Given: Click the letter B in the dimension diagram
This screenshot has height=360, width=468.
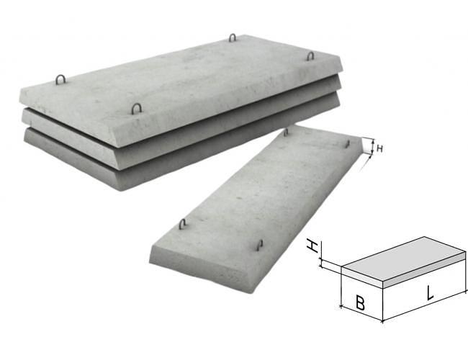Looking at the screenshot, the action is pyautogui.click(x=360, y=302).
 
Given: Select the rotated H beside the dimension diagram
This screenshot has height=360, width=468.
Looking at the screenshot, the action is pyautogui.click(x=313, y=246).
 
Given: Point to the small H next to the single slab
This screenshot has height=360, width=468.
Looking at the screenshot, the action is pyautogui.click(x=379, y=148).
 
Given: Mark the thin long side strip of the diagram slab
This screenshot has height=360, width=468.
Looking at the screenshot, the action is pyautogui.click(x=424, y=270).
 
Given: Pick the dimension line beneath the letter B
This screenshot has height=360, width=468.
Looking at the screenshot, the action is pyautogui.click(x=361, y=314).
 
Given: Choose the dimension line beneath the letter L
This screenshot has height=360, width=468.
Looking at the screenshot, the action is pyautogui.click(x=425, y=306).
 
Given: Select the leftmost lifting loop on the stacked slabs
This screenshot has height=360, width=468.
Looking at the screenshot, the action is pyautogui.click(x=60, y=79).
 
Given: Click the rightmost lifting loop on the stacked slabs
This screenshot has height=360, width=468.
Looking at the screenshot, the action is pyautogui.click(x=310, y=56).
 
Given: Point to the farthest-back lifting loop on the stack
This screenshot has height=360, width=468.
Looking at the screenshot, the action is pyautogui.click(x=233, y=37).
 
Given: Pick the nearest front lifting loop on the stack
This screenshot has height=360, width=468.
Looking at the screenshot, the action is pyautogui.click(x=136, y=109).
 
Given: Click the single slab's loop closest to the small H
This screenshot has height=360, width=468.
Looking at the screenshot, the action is pyautogui.click(x=348, y=143).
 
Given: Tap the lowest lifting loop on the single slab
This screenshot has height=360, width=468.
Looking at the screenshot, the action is pyautogui.click(x=260, y=245).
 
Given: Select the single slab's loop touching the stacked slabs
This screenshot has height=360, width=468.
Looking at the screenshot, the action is pyautogui.click(x=287, y=132).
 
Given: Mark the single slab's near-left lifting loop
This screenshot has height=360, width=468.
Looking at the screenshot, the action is pyautogui.click(x=182, y=224).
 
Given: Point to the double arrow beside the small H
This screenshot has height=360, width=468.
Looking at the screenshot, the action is pyautogui.click(x=372, y=148).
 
